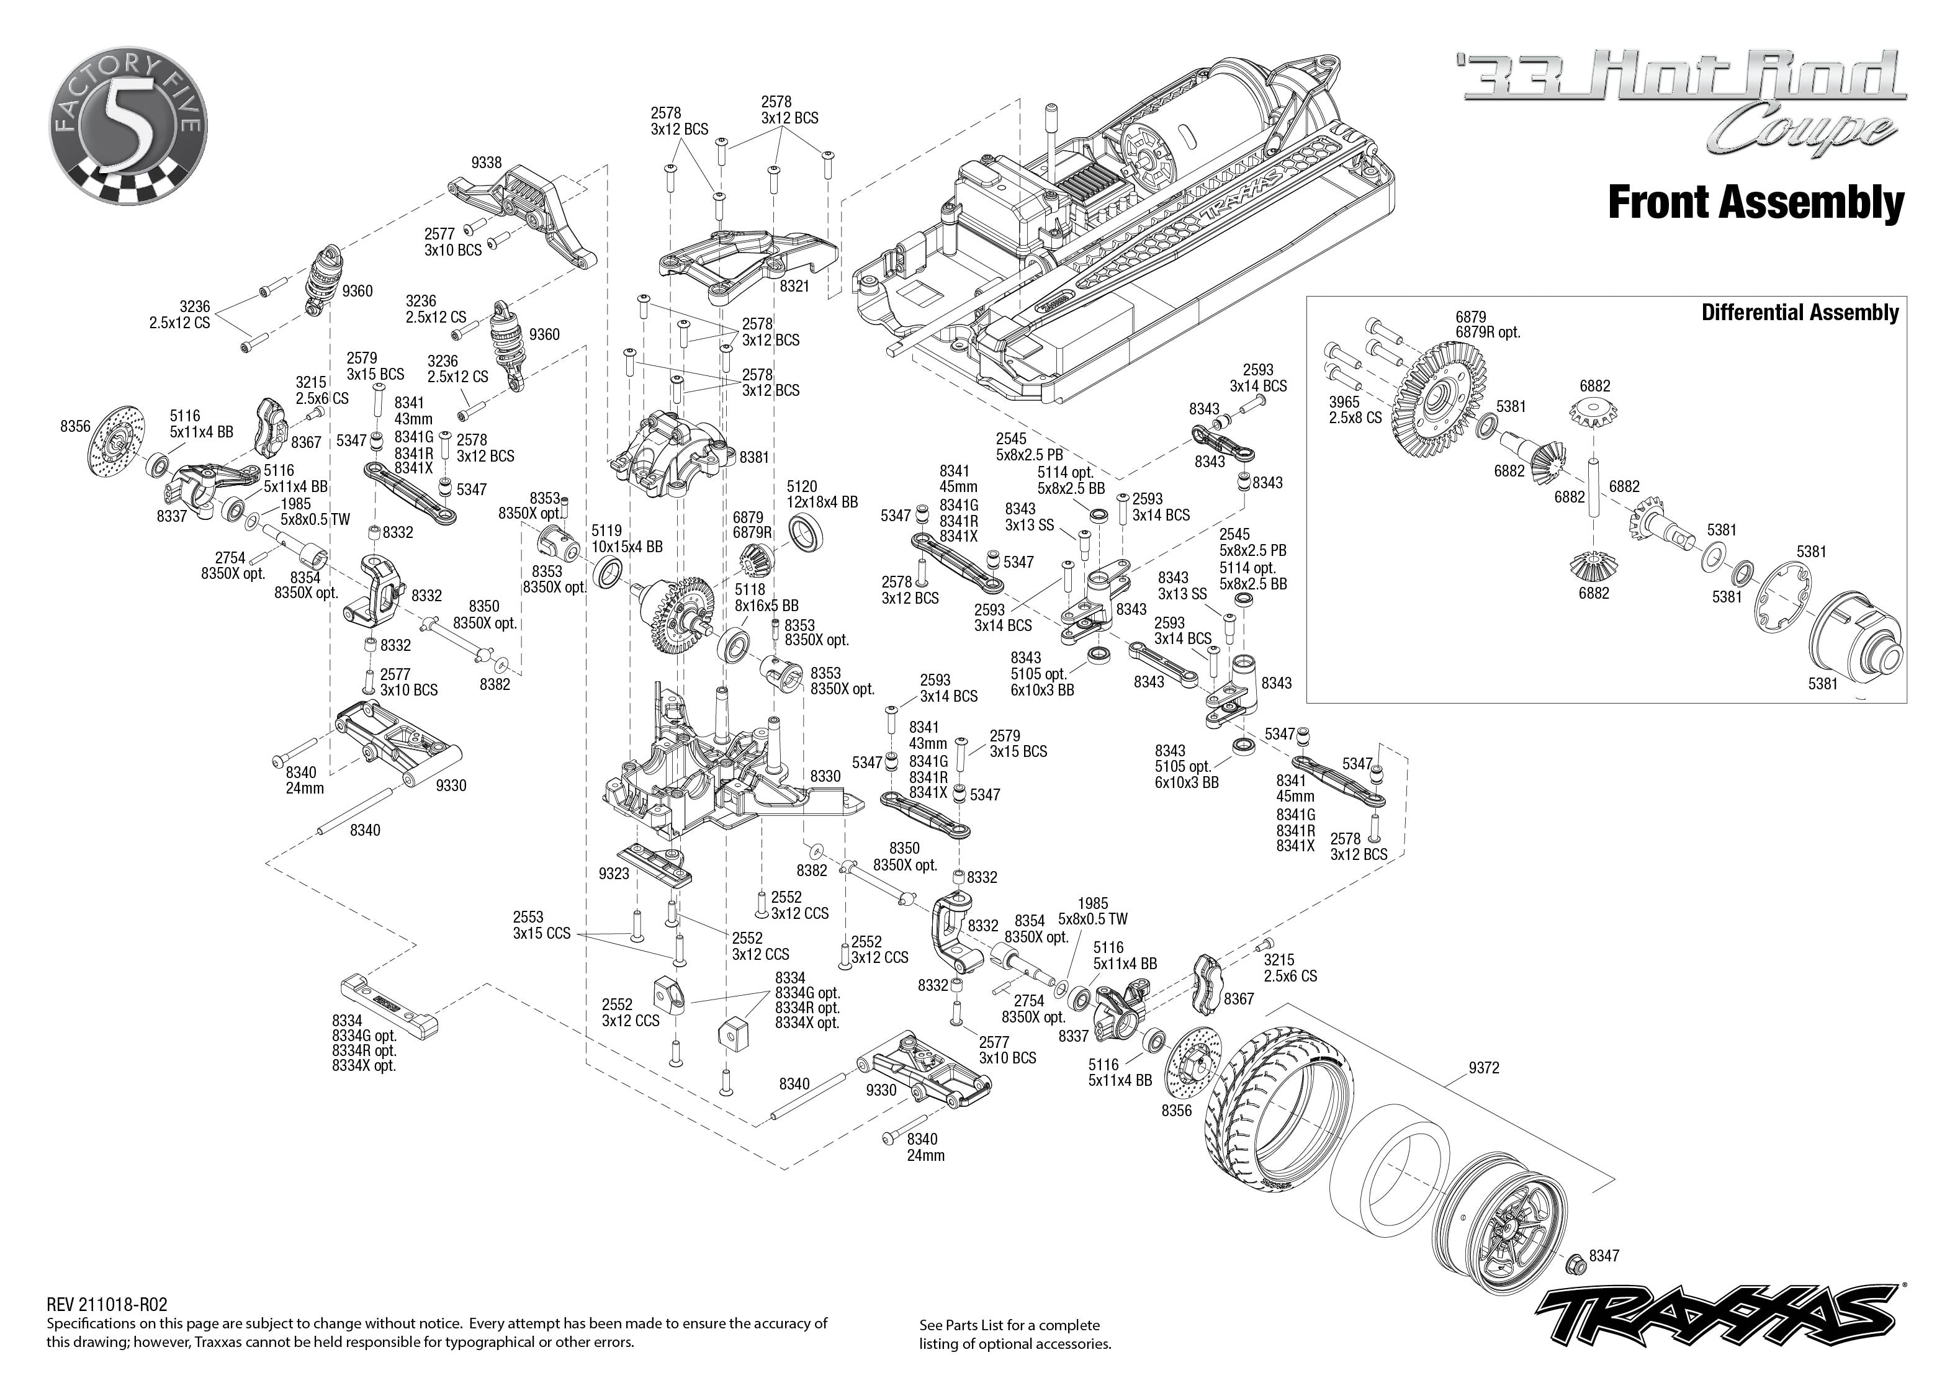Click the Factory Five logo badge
[128, 127]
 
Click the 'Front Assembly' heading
[1756, 203]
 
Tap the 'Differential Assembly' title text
[1799, 313]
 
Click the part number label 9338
[486, 163]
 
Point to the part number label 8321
[794, 286]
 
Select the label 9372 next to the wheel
[1483, 1068]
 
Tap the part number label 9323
[613, 874]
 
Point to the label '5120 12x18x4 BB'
[821, 494]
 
